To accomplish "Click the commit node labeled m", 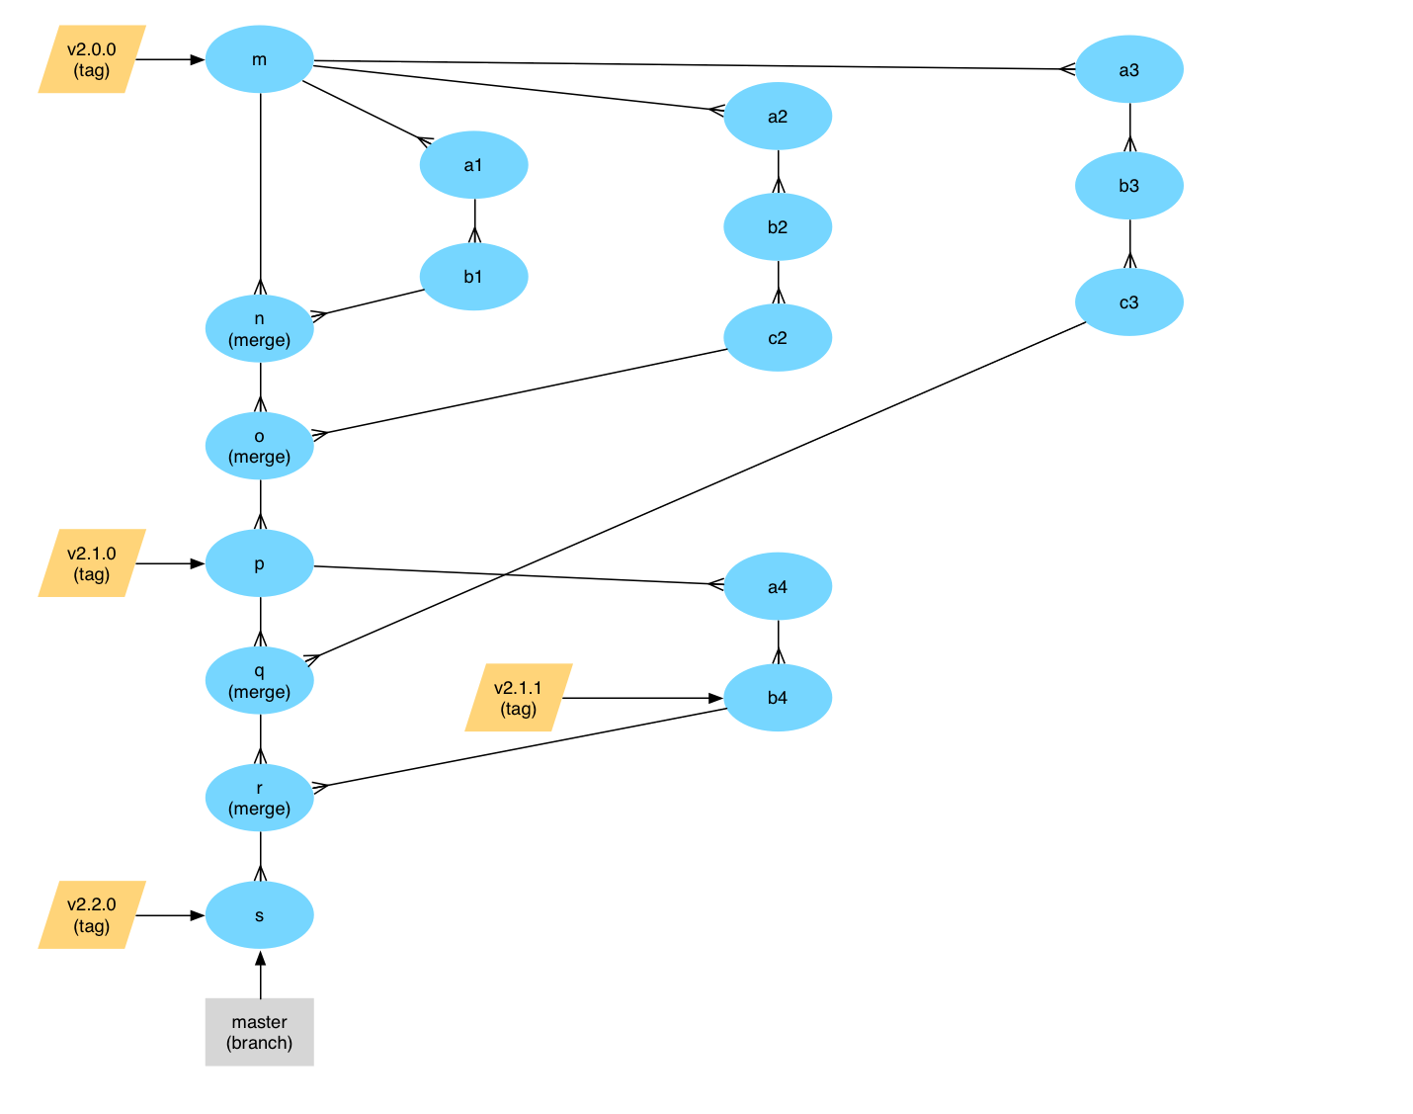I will coord(259,59).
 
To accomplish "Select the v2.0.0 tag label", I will coord(92,59).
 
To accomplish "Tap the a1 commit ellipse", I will coord(473,165).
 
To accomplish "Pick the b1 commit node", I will coord(473,277).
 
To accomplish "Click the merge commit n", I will coord(259,329).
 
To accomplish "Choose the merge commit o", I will coord(259,446).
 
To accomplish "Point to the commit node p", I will coord(259,563).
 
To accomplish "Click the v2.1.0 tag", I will coord(92,563).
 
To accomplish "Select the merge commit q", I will coord(259,680).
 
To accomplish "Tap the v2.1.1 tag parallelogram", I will coord(518,698).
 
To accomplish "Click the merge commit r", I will coord(259,798).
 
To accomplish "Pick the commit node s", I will coord(259,915).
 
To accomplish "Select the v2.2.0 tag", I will coord(92,915).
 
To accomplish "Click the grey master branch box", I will coord(259,1032).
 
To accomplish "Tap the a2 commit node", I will coord(778,117).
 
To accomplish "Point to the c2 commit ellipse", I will coord(778,338).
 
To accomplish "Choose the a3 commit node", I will coord(1128,69).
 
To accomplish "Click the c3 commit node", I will coord(1128,302).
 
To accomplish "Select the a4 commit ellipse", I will coord(778,587).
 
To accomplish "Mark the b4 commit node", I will coord(778,698).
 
